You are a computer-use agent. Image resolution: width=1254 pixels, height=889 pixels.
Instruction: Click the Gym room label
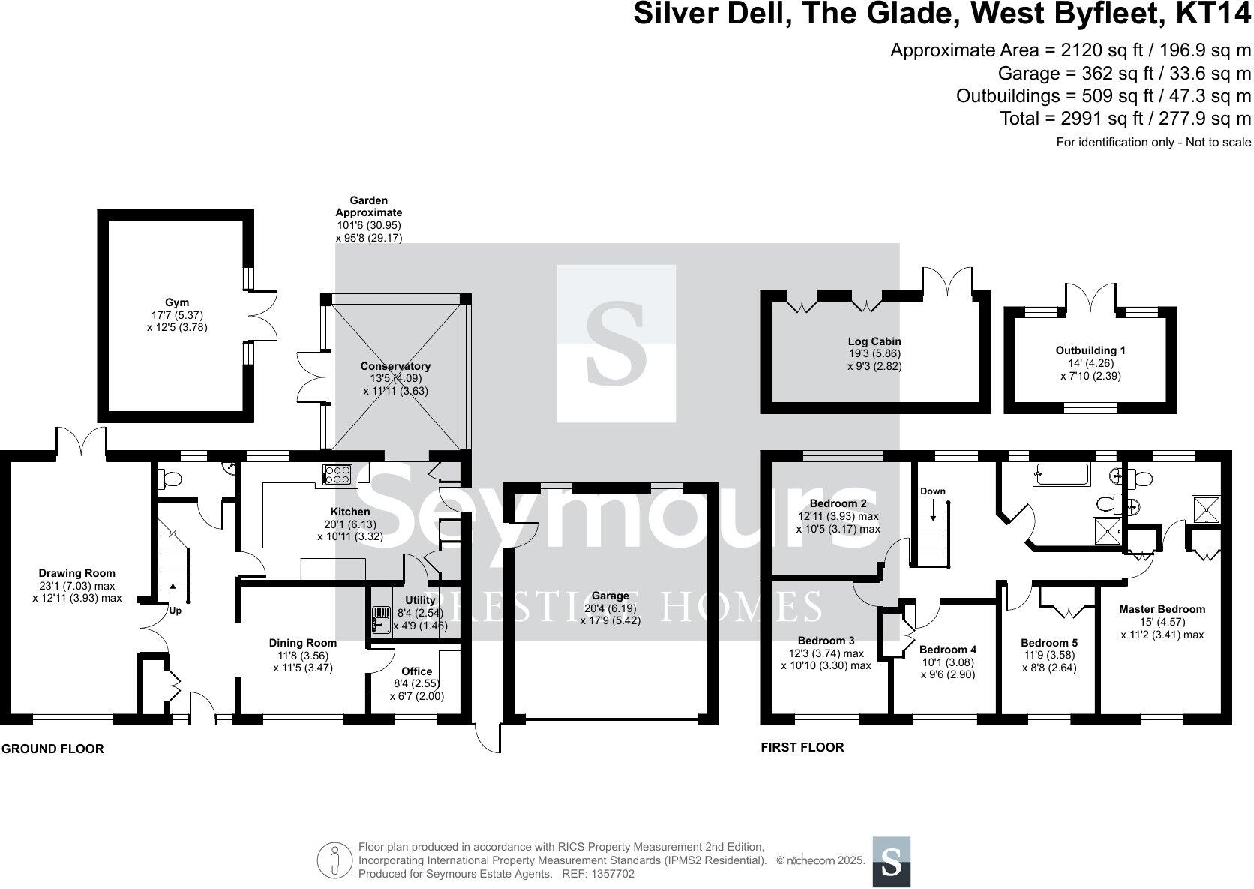(x=177, y=302)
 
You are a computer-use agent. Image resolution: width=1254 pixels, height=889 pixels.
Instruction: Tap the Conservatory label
(x=395, y=366)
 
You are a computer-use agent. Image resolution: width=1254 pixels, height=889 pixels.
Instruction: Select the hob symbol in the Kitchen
(x=337, y=474)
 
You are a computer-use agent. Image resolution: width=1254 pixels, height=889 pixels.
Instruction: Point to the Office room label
(x=416, y=671)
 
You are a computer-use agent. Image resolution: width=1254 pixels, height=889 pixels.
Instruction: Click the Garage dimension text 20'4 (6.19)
(x=610, y=608)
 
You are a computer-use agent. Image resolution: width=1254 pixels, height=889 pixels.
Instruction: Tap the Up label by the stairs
(x=175, y=611)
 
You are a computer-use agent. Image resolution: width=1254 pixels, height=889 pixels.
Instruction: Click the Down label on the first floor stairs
(x=932, y=491)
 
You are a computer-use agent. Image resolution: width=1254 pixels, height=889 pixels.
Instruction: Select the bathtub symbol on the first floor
(x=1060, y=474)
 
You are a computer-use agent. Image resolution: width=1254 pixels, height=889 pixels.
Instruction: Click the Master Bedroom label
(x=1162, y=609)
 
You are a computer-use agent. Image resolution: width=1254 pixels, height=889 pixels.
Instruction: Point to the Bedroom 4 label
(x=948, y=650)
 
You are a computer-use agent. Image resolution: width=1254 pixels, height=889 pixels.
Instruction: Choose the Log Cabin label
(x=874, y=341)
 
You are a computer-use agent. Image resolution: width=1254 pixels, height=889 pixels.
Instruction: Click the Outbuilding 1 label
(x=1090, y=350)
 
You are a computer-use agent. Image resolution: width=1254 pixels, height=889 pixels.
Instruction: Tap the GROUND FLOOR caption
(x=52, y=749)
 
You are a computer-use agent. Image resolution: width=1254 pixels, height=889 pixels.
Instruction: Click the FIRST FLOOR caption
(x=802, y=747)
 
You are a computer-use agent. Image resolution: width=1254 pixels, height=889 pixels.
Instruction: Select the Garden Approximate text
(x=369, y=206)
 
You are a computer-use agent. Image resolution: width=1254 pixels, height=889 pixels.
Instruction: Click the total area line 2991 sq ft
(x=1125, y=119)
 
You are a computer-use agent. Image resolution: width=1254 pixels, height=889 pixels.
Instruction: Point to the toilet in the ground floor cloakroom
(x=170, y=479)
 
